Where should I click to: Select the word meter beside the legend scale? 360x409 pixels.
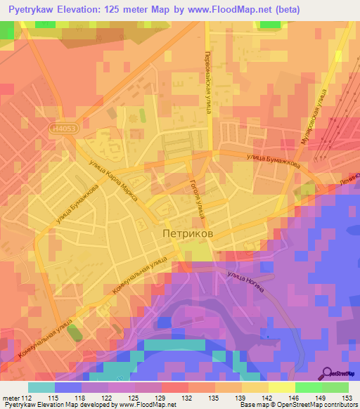(11, 398)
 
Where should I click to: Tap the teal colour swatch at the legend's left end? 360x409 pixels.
(41, 387)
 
